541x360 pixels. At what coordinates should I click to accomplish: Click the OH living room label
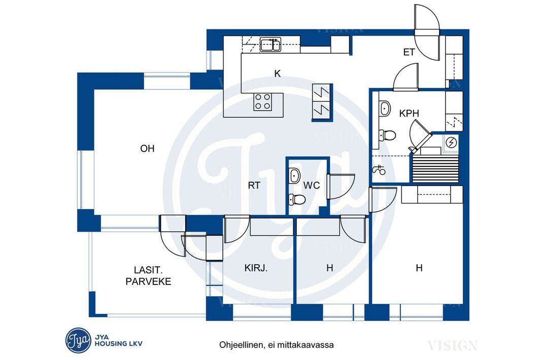[147, 149]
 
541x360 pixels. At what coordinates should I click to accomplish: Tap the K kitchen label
[278, 74]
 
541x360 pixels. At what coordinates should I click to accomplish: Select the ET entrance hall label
[409, 52]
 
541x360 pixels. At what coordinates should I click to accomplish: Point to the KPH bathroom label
[409, 113]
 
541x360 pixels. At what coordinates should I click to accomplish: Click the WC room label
[312, 186]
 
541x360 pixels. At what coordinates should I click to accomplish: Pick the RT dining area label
[254, 186]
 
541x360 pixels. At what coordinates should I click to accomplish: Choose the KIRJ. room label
[256, 268]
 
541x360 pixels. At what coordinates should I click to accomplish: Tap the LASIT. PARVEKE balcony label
[148, 275]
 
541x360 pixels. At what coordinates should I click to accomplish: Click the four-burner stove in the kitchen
[263, 102]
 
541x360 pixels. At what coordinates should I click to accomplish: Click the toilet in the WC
[297, 199]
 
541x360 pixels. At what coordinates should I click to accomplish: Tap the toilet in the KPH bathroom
[387, 135]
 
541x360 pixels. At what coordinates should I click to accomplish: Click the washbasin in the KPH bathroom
[385, 109]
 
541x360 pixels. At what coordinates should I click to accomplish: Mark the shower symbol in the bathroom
[379, 169]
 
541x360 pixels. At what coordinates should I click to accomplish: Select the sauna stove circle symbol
[451, 142]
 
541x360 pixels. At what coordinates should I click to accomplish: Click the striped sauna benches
[435, 168]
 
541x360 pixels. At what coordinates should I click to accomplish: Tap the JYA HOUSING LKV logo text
[118, 340]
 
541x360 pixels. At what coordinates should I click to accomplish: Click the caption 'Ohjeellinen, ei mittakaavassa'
[277, 345]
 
